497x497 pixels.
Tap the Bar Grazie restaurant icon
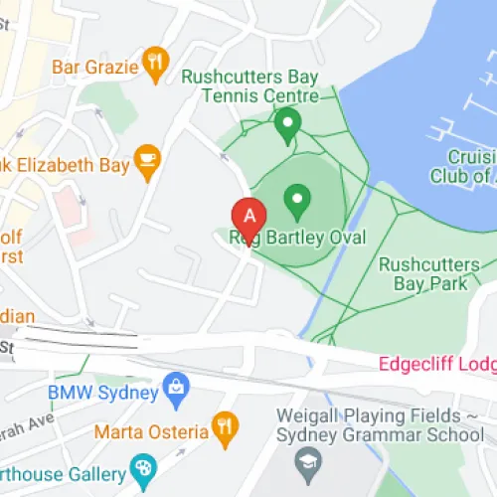[155, 64]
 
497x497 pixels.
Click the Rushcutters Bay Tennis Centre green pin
[287, 125]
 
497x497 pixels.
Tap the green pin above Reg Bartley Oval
[296, 202]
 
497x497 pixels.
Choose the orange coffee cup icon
[147, 161]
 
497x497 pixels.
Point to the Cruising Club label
[463, 166]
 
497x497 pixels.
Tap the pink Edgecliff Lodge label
[437, 364]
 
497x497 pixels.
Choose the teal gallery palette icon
[144, 467]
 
